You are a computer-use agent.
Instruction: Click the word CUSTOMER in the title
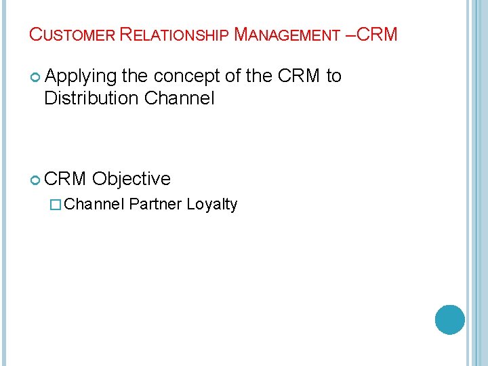72,35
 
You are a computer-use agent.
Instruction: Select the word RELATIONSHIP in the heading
174,35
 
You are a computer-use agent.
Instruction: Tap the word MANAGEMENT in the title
287,35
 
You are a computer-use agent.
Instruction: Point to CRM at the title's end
376,34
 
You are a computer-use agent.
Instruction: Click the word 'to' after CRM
333,76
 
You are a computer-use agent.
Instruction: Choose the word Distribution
91,98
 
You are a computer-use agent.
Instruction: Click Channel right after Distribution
180,98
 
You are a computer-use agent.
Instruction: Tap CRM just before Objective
66,179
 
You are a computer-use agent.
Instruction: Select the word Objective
131,179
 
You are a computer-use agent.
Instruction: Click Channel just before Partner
96,204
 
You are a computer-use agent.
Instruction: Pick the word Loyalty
212,205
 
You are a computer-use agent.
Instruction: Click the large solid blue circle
449,319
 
